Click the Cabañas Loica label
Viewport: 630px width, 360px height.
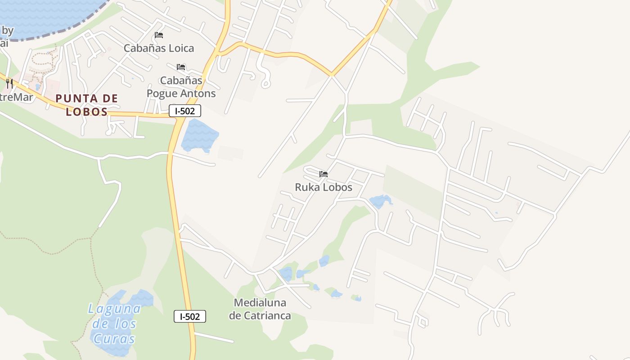pos(159,48)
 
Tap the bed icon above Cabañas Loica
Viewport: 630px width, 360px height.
pos(158,35)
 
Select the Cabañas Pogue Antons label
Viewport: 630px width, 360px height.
pos(181,87)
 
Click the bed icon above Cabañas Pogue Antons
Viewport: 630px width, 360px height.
pos(181,67)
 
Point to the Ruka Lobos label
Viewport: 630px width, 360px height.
pos(323,187)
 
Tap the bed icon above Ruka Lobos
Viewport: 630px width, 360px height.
pos(323,174)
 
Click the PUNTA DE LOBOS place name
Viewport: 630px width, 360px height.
pos(87,105)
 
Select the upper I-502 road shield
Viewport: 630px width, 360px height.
pos(184,111)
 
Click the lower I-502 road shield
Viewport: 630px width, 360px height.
pos(189,316)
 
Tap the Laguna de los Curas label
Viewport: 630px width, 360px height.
pos(114,324)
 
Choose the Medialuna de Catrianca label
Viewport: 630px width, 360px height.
pos(260,309)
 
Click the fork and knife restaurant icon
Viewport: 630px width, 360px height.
pos(9,83)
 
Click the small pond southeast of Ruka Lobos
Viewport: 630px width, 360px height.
pos(379,201)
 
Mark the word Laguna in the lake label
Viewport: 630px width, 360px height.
pos(114,309)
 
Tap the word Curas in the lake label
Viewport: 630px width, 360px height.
pos(114,338)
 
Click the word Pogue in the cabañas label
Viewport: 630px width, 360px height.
pos(161,94)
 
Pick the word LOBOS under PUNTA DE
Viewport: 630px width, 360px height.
pos(87,112)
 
